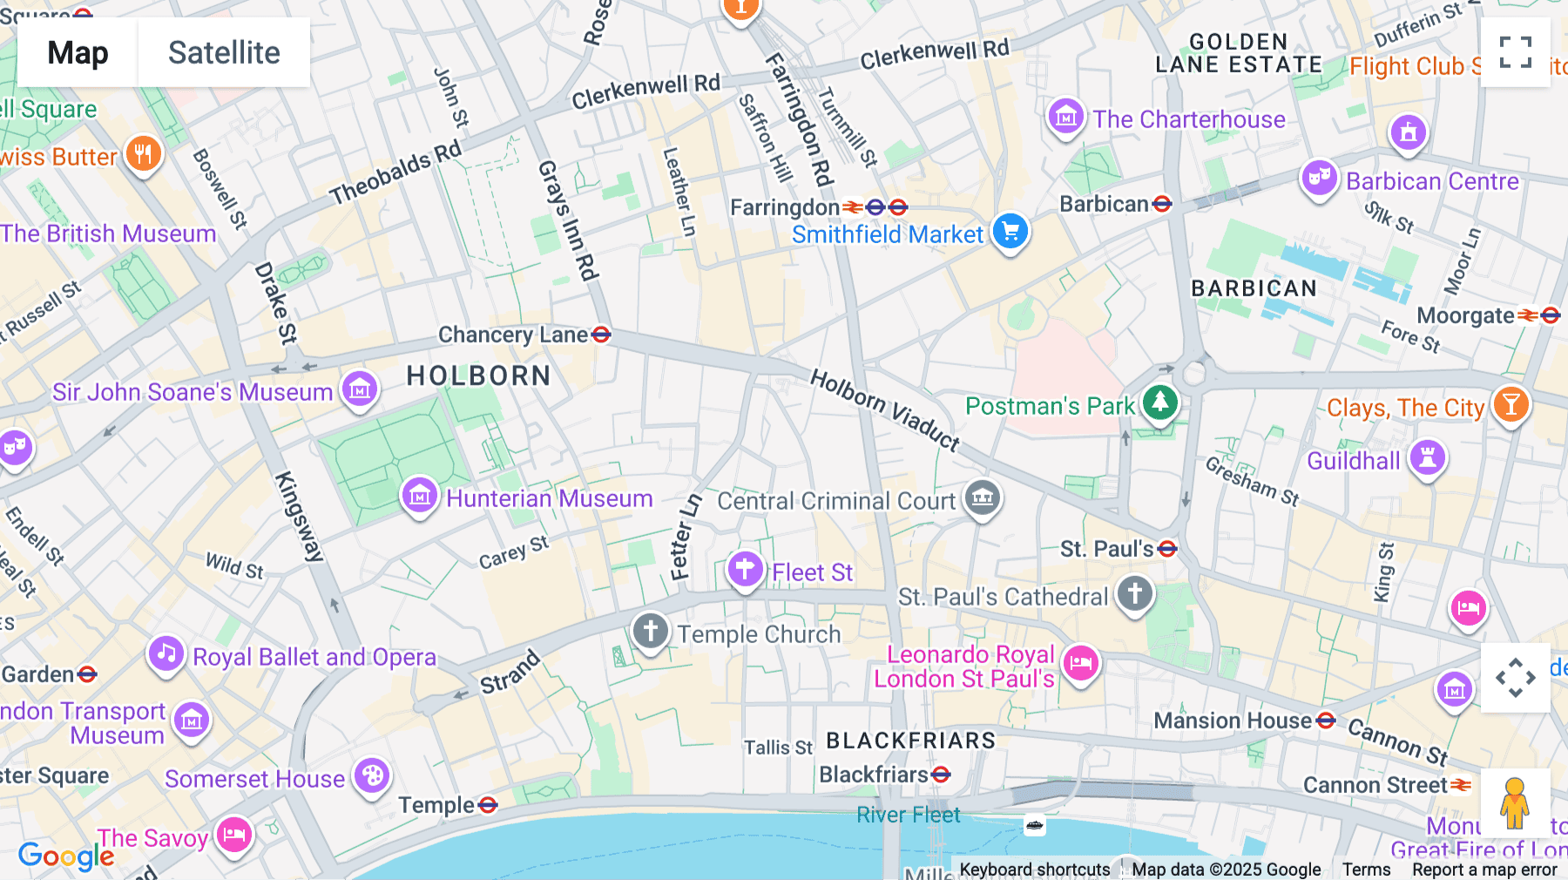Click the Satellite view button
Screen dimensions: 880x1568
(x=224, y=52)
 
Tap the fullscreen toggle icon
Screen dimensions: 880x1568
(x=1515, y=52)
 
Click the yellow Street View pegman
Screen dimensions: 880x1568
(x=1515, y=802)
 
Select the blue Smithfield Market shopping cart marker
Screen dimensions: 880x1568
(x=1010, y=232)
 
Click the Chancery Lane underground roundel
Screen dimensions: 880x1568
(x=601, y=335)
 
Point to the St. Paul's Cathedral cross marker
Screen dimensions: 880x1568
(x=1134, y=594)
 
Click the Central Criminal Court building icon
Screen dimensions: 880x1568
(x=983, y=498)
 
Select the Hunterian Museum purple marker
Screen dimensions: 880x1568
(x=419, y=497)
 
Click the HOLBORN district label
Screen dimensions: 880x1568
(x=478, y=376)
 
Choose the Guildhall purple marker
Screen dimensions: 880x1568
(x=1427, y=457)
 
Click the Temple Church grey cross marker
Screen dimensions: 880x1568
(x=650, y=631)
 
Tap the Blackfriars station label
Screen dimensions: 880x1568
(x=874, y=775)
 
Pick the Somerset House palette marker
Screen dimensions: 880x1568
(x=372, y=775)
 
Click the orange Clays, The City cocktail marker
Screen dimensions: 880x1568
(x=1511, y=405)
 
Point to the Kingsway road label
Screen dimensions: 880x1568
(x=299, y=516)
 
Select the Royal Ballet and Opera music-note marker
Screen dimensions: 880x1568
(x=166, y=654)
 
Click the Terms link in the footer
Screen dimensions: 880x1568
(x=1366, y=870)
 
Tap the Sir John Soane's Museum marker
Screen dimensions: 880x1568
(x=359, y=389)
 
